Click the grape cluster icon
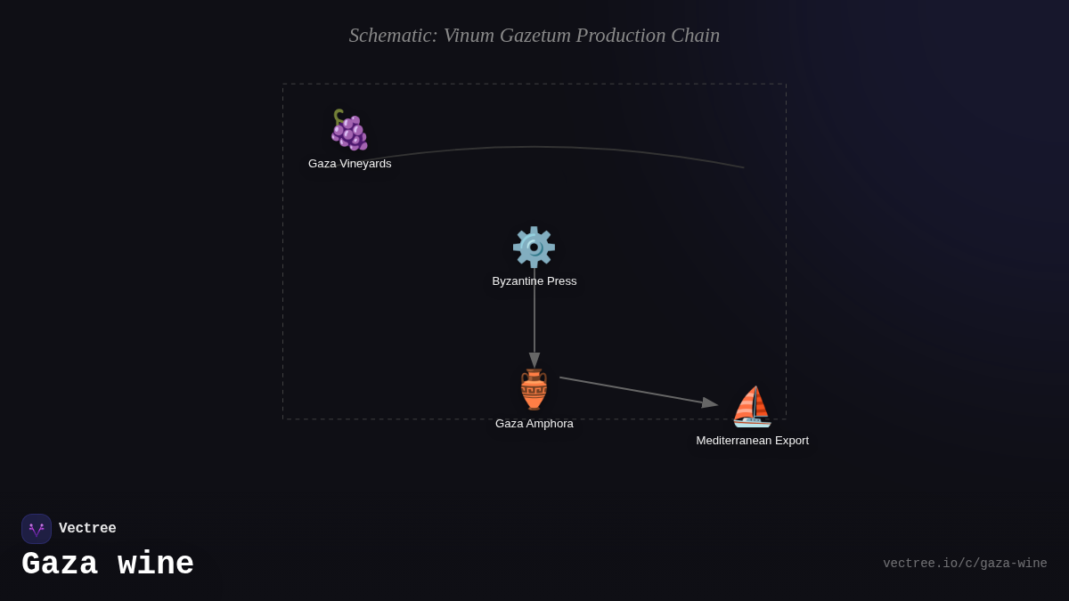(x=349, y=130)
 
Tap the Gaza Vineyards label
(x=350, y=164)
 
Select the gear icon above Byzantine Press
(x=534, y=247)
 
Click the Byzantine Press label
(x=534, y=281)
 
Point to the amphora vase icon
(x=534, y=389)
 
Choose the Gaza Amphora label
(x=534, y=424)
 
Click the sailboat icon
(x=752, y=407)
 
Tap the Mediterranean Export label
(x=753, y=441)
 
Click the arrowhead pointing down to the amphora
(x=534, y=360)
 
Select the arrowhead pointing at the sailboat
(x=709, y=403)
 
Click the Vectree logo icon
(x=37, y=529)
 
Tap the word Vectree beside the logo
(x=87, y=529)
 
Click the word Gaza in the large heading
(x=60, y=564)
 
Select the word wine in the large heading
(x=156, y=564)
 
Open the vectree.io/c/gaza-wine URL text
(x=965, y=564)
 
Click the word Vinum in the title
(x=469, y=36)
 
